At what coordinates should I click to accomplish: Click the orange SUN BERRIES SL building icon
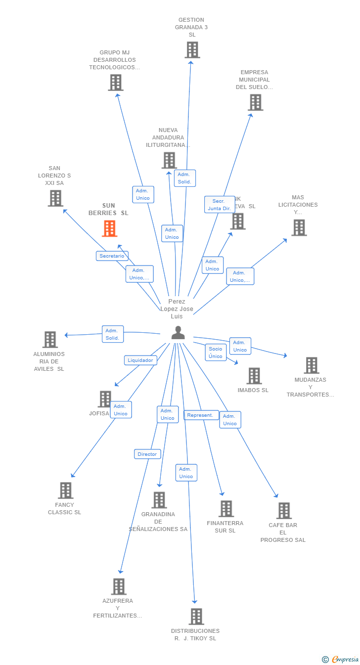(x=109, y=228)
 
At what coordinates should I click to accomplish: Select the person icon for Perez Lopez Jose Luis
(x=178, y=333)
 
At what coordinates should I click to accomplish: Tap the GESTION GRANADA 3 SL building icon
(x=192, y=50)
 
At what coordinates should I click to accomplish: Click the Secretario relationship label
(x=112, y=256)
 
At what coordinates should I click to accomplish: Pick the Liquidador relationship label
(x=140, y=360)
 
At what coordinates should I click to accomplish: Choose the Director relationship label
(x=147, y=454)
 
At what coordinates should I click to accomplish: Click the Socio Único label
(x=216, y=353)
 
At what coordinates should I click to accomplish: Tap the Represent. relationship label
(x=201, y=415)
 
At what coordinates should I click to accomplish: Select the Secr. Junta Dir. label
(x=219, y=205)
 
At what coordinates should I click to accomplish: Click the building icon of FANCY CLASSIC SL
(x=65, y=490)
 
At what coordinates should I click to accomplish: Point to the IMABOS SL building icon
(x=254, y=376)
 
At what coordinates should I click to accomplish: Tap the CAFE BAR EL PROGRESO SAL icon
(x=283, y=511)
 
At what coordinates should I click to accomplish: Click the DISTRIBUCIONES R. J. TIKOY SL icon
(x=196, y=617)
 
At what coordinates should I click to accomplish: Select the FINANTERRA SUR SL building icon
(x=226, y=509)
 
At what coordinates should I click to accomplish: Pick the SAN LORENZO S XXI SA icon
(x=55, y=198)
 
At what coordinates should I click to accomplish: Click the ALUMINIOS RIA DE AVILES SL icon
(x=50, y=340)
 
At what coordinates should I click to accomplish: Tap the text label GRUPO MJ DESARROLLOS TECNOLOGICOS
(x=114, y=60)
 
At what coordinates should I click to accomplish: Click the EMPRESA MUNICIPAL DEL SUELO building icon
(x=255, y=102)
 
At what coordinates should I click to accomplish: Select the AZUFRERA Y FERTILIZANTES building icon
(x=118, y=586)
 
